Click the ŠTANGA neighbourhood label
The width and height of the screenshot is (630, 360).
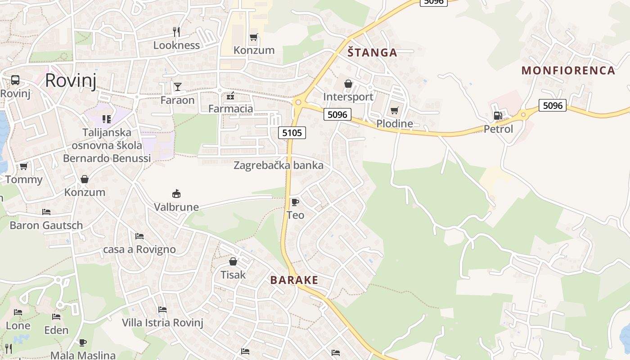[373, 53]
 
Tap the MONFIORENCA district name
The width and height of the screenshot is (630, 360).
[568, 70]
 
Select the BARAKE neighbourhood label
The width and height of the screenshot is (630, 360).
[294, 280]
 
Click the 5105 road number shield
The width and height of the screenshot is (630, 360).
[292, 132]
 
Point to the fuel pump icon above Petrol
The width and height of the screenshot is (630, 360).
[498, 116]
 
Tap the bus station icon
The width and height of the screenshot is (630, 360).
[15, 80]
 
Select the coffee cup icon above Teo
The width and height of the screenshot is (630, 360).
[295, 202]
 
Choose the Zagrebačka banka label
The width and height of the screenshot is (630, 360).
[278, 165]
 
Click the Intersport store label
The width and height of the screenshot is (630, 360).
[348, 97]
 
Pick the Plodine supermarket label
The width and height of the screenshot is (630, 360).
[394, 123]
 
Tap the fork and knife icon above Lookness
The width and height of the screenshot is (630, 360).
[176, 31]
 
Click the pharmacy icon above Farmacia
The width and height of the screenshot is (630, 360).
[230, 95]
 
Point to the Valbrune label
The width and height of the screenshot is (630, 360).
[176, 207]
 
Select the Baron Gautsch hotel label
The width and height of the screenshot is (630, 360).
[46, 225]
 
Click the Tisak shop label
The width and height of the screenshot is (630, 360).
[233, 274]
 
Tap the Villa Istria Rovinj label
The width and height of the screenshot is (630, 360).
[162, 323]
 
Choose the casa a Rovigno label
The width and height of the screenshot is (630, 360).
[139, 249]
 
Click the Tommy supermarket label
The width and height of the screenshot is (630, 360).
[24, 180]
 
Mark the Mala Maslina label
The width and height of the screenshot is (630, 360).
[83, 355]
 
